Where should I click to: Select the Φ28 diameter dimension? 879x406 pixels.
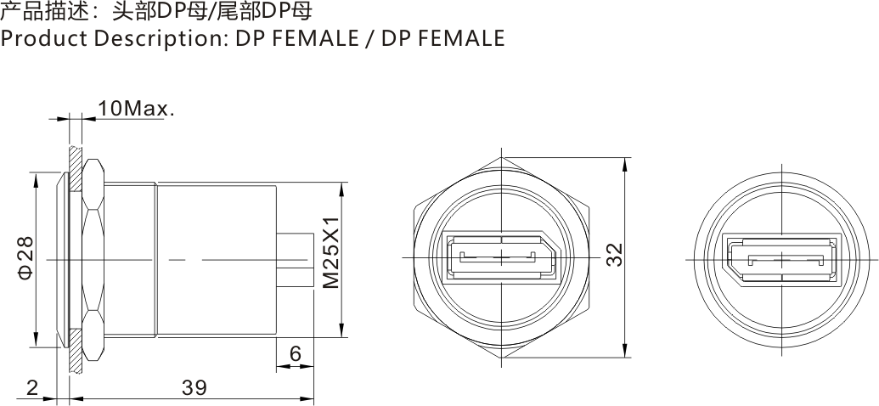pyautogui.click(x=25, y=260)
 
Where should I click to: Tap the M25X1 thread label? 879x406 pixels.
pyautogui.click(x=332, y=251)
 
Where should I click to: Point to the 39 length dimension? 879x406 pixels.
pyautogui.click(x=194, y=387)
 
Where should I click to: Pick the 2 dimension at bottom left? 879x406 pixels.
pyautogui.click(x=31, y=387)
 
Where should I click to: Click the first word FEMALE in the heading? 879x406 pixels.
pyautogui.click(x=309, y=39)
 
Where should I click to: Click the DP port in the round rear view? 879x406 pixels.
pyautogui.click(x=776, y=258)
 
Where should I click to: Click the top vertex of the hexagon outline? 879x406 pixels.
pyautogui.click(x=502, y=157)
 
